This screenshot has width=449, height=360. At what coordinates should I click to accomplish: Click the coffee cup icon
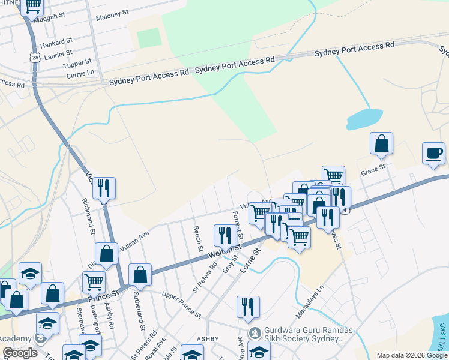433,153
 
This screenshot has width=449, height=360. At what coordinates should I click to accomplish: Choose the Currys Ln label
82,72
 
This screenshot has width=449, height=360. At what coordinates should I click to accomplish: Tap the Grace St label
372,171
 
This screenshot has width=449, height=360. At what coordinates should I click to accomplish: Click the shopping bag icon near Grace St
381,144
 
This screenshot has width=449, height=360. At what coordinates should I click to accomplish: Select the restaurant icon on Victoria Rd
104,188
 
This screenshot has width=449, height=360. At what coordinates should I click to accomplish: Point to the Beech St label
198,239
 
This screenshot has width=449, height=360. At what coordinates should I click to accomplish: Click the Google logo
20,353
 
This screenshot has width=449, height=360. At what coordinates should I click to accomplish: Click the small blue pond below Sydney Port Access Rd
364,119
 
